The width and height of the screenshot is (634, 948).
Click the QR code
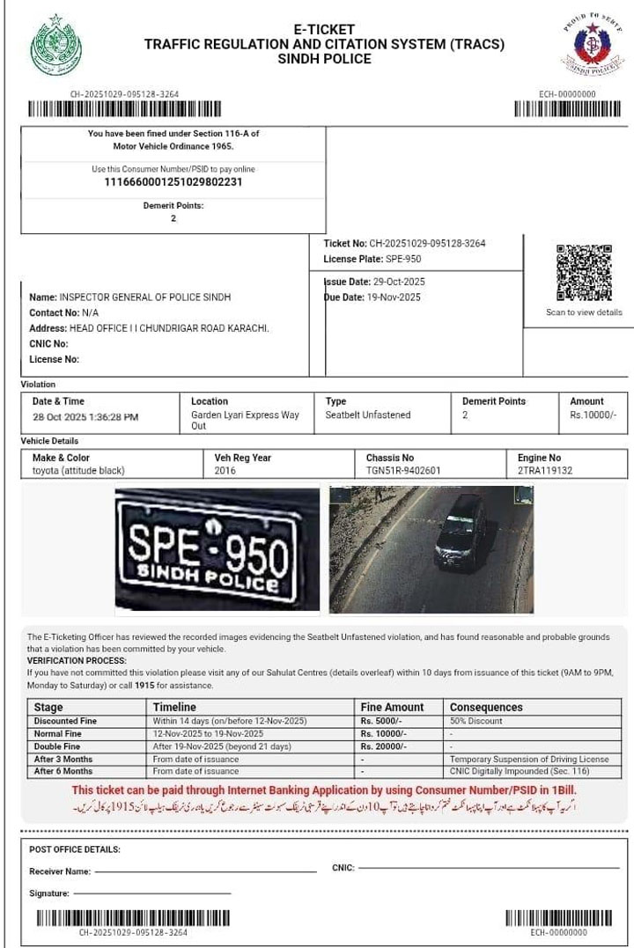(x=584, y=273)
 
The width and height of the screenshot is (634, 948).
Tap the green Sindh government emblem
(x=55, y=45)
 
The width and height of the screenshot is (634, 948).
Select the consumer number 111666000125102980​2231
(x=173, y=182)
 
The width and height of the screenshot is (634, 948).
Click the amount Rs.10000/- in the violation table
(x=594, y=415)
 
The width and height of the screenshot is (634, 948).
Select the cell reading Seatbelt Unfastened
(x=368, y=415)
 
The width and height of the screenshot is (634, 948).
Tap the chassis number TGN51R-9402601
(x=404, y=471)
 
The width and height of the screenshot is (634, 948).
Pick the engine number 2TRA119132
(x=545, y=471)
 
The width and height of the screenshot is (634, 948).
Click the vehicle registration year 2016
(x=225, y=471)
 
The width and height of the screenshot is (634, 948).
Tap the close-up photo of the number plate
(x=217, y=549)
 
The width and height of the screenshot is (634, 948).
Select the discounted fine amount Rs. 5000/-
(x=383, y=721)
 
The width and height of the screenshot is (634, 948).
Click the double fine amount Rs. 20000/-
(x=385, y=746)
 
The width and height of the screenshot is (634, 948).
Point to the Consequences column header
(x=486, y=707)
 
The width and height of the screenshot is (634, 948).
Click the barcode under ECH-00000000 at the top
(x=567, y=109)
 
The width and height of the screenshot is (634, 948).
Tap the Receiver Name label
(x=60, y=871)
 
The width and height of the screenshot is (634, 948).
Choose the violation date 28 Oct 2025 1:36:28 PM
(x=85, y=417)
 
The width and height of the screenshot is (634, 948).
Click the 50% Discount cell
(x=476, y=721)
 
